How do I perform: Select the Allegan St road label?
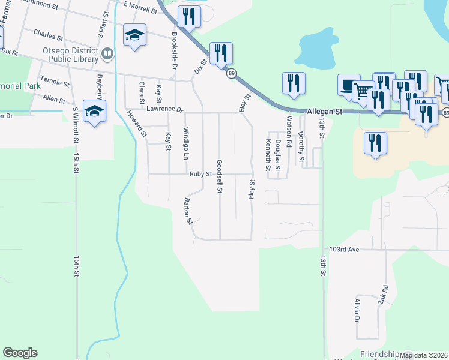click(x=324, y=112)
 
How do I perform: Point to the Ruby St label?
click(x=201, y=174)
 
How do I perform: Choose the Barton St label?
click(x=188, y=211)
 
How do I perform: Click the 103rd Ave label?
click(x=344, y=249)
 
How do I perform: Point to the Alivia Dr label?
click(x=357, y=310)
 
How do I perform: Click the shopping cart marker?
click(x=362, y=91)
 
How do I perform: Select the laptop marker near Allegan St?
click(x=348, y=85)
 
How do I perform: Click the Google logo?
click(x=20, y=353)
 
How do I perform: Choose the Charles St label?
click(x=49, y=34)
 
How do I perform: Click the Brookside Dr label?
click(x=173, y=54)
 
